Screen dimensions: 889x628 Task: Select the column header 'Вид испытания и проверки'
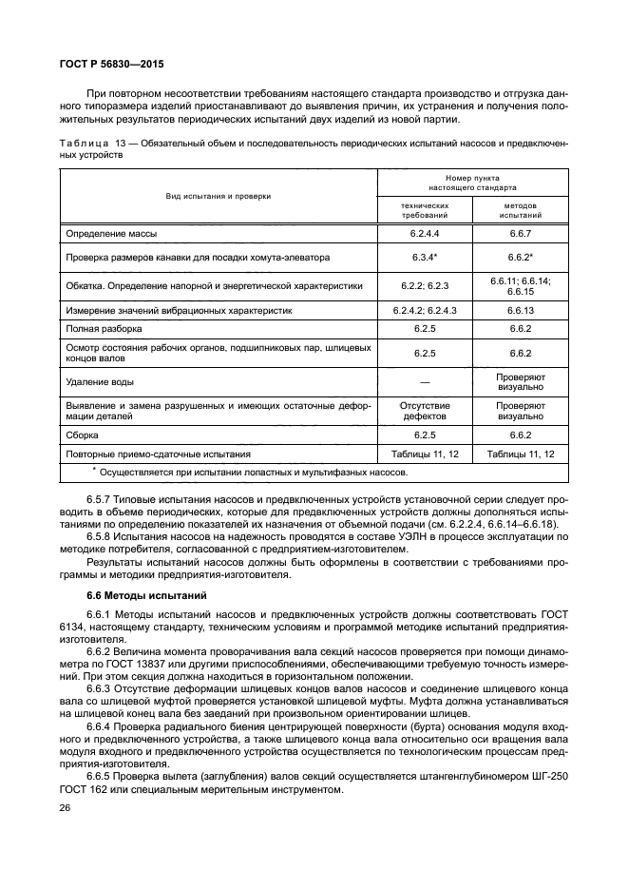point(218,195)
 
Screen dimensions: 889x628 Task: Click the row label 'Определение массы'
point(111,233)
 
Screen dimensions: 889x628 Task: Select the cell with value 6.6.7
point(520,233)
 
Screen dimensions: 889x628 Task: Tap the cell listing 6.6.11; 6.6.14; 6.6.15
point(520,286)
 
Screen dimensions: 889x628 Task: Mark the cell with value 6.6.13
point(520,310)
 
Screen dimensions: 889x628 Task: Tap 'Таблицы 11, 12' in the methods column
point(520,454)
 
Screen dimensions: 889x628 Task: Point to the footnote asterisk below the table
point(94,469)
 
